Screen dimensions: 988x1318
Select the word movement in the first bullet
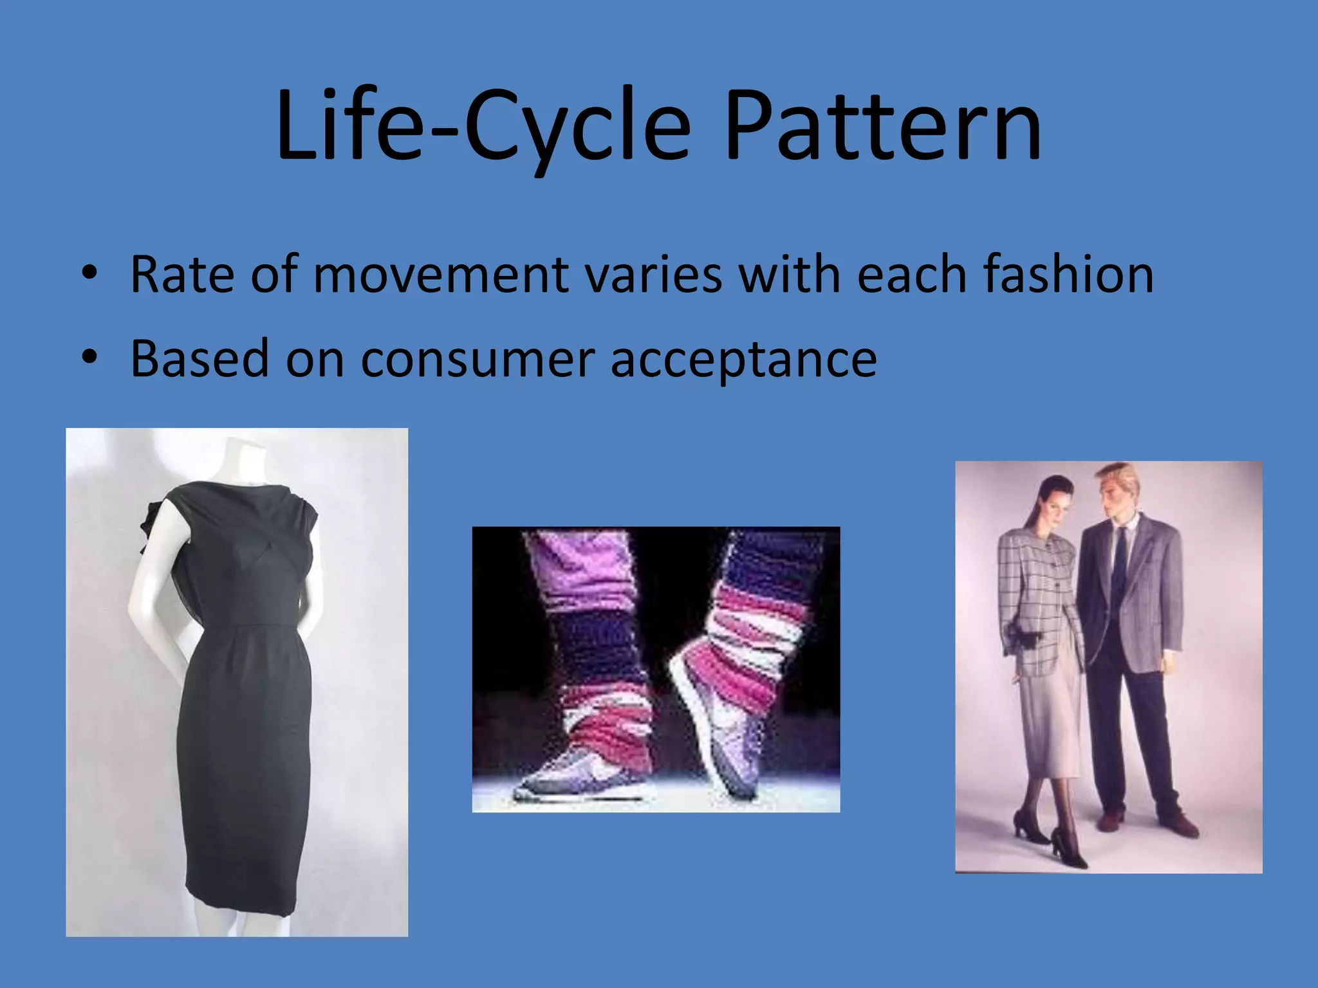click(440, 275)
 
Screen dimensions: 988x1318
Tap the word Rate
click(181, 275)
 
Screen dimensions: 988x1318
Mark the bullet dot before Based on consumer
click(89, 358)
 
